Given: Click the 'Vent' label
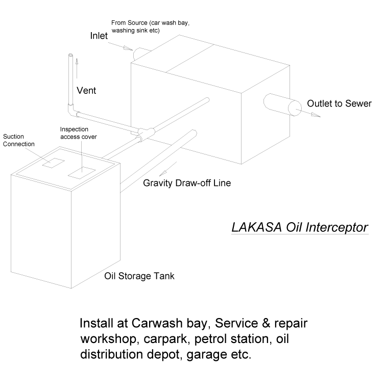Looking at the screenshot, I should pyautogui.click(x=86, y=91).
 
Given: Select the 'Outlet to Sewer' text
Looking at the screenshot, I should pyautogui.click(x=339, y=104).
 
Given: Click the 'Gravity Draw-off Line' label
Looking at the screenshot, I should pyautogui.click(x=188, y=182).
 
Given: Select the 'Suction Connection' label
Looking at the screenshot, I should pyautogui.click(x=19, y=140).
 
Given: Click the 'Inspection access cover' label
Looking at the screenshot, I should pyautogui.click(x=78, y=133).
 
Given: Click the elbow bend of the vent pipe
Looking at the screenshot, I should pyautogui.click(x=71, y=109).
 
